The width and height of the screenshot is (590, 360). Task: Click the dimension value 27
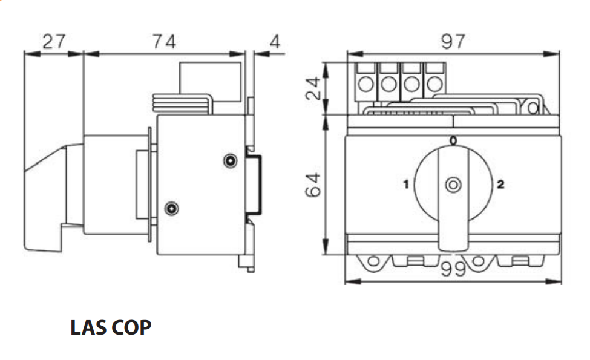click(x=54, y=41)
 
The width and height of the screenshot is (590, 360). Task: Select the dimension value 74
click(x=165, y=41)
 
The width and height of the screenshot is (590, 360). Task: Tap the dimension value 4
click(x=275, y=41)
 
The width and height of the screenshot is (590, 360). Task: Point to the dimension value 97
click(x=453, y=41)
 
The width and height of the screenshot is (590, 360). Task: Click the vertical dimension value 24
click(x=313, y=88)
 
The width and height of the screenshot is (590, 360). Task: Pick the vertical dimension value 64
click(x=313, y=185)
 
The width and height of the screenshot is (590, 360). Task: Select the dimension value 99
click(x=453, y=269)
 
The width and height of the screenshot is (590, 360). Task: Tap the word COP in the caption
click(x=132, y=327)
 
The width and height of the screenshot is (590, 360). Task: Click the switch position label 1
click(x=406, y=185)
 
